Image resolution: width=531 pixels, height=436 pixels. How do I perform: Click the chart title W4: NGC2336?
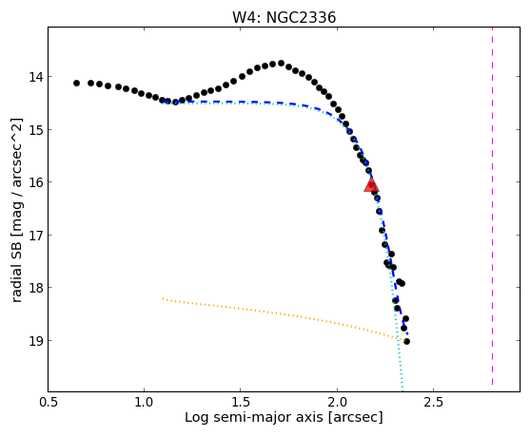284,18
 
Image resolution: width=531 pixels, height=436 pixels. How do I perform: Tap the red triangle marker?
371,184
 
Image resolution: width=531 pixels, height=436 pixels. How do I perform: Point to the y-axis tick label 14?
36,77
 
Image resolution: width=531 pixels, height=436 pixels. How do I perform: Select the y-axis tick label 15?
36,130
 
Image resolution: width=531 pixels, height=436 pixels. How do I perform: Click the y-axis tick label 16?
36,182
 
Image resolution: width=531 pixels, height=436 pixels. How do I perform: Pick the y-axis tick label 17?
36,236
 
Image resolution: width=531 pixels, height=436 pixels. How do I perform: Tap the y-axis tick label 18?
36,288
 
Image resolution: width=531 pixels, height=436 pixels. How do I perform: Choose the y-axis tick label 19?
36,340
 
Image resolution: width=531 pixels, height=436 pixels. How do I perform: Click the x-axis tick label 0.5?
49,403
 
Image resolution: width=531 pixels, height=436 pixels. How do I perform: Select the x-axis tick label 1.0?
145,403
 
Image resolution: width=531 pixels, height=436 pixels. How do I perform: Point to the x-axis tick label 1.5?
241,403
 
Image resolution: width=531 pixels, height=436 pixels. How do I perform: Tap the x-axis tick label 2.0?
337,403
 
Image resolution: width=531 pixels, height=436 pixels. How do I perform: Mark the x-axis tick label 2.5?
434,403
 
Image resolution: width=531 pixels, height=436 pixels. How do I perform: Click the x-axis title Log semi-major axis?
254,418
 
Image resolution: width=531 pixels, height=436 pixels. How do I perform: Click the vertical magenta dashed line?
492,206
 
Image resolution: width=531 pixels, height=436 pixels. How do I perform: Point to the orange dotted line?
281,318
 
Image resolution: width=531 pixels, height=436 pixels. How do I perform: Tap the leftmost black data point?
76,84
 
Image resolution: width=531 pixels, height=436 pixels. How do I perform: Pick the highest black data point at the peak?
281,64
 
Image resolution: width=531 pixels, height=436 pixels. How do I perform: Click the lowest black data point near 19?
406,342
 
